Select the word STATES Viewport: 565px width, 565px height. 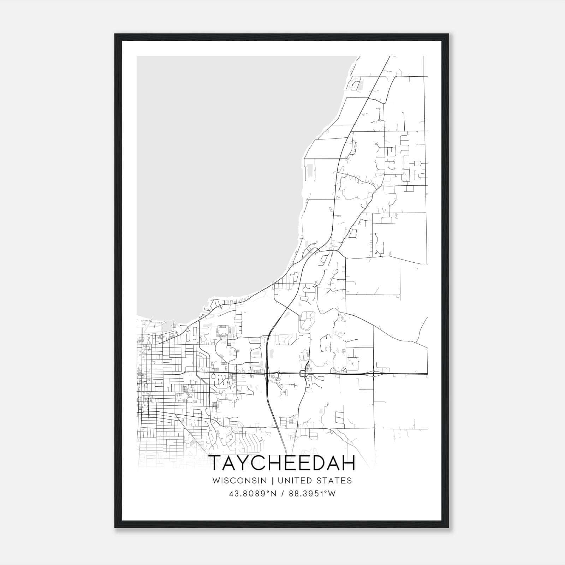point(334,481)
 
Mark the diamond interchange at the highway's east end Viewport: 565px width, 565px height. point(374,374)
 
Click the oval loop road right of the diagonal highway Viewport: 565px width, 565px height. point(307,321)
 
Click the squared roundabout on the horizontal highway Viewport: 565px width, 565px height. point(303,374)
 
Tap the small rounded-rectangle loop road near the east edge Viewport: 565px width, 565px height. point(418,163)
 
